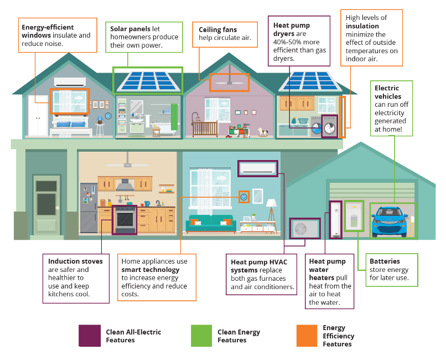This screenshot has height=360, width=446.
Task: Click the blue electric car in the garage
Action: (x=393, y=221)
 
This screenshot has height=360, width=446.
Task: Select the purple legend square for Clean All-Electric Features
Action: (x=89, y=336)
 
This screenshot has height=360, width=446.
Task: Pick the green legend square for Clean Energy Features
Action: (x=201, y=336)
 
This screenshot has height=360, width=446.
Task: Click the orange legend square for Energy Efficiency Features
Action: (x=307, y=336)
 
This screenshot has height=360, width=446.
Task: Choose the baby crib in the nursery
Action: (x=204, y=127)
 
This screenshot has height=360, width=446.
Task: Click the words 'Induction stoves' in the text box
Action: (x=75, y=261)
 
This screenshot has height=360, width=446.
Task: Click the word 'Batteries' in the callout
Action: (x=385, y=261)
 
